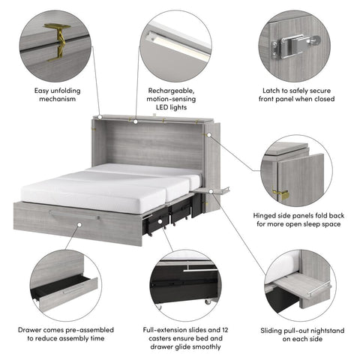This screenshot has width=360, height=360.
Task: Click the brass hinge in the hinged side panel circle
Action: (283, 193)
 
